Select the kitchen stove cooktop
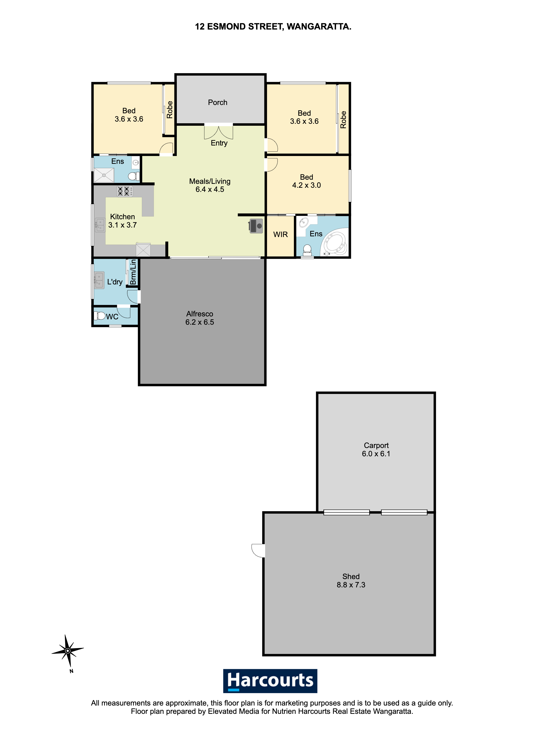click(125, 191)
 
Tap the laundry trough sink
click(99, 280)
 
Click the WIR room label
click(280, 234)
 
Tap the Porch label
click(218, 103)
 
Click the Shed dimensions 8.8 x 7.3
click(351, 585)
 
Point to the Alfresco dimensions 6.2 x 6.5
click(200, 322)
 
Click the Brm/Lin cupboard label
click(133, 272)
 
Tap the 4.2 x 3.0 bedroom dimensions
click(306, 185)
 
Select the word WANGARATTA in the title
click(319, 27)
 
